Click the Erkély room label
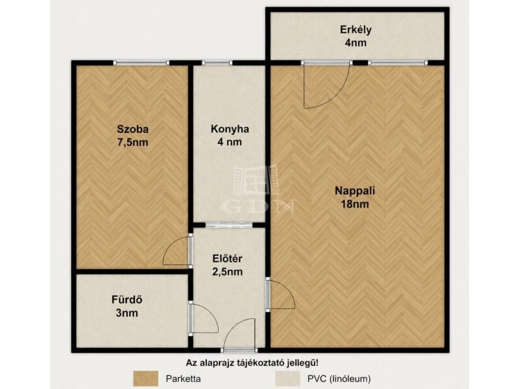point(356,30)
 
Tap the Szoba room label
point(133,129)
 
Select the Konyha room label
point(230,129)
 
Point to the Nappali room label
point(355,191)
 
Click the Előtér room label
point(227,259)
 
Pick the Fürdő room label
point(127,300)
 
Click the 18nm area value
point(355,204)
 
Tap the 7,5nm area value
point(133,143)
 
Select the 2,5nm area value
point(227,272)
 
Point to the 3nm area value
point(127,313)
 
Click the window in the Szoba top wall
point(141,63)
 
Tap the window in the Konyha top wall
point(217,63)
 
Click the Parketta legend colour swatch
point(145,379)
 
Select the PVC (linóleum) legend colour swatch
point(287,379)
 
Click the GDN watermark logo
point(258,189)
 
